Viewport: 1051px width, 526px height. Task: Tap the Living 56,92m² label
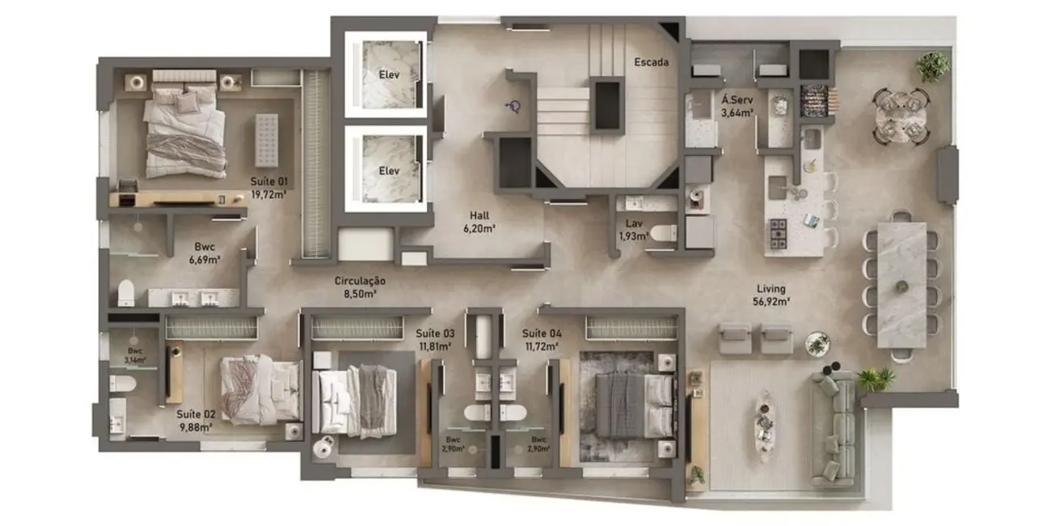click(771, 295)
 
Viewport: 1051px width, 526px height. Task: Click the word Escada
click(651, 62)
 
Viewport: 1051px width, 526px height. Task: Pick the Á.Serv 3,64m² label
click(737, 106)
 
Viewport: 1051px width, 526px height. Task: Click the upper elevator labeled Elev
click(390, 75)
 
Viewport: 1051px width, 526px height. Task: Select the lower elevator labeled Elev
click(390, 171)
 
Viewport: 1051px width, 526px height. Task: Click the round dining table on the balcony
click(900, 115)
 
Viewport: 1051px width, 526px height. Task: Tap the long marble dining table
click(901, 283)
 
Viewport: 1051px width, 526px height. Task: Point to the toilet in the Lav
click(663, 234)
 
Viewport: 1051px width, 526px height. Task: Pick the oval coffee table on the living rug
click(764, 426)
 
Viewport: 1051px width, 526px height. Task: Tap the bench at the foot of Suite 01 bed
click(266, 140)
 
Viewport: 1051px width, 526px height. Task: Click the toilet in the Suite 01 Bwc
click(126, 292)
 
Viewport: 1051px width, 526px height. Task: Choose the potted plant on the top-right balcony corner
click(932, 66)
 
